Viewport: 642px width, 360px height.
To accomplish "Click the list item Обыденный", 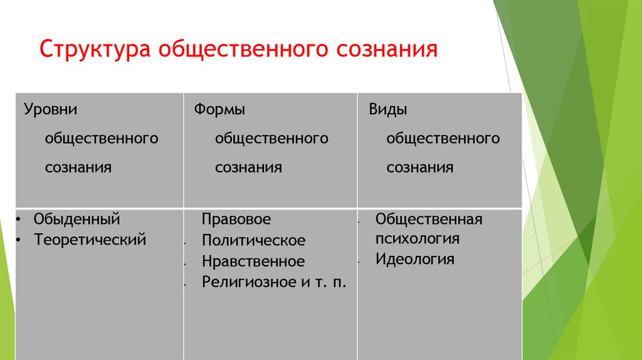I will (76, 220).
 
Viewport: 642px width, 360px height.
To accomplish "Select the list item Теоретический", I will (90, 239).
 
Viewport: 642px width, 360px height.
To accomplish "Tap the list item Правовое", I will (236, 220).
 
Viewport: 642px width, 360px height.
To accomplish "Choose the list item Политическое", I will (253, 241).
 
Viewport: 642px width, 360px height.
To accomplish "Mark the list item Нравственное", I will (253, 262).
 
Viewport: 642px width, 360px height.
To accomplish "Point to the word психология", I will (418, 239).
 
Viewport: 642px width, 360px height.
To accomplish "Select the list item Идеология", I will (414, 259).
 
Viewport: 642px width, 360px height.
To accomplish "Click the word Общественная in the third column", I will (429, 219).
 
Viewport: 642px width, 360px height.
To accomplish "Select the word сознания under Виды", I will (419, 168).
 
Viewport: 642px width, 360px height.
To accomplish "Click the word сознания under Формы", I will (248, 168).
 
